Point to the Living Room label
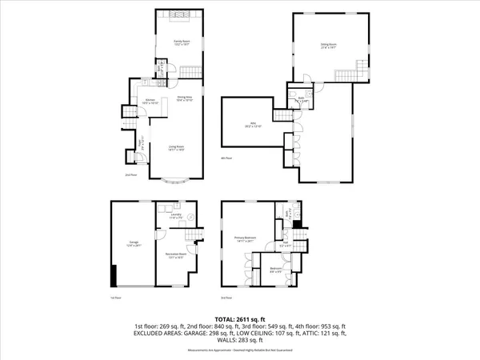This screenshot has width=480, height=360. pos(177,147)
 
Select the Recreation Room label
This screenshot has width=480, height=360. pos(175,255)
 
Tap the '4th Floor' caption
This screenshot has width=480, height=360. pos(226,158)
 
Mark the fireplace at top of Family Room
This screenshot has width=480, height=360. pos(177,14)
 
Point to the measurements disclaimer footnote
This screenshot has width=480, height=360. pos(240,346)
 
